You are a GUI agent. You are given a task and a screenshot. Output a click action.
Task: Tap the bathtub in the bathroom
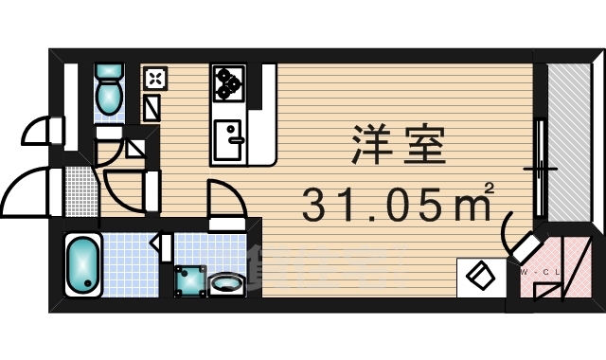tap(83, 264)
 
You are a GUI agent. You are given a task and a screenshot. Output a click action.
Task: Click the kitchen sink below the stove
tap(228, 140)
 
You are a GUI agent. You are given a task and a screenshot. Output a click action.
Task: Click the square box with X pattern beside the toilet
tap(154, 77)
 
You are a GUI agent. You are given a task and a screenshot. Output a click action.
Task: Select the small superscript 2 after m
tap(489, 190)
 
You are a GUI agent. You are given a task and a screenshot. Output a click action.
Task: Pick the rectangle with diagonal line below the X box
tap(152, 106)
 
